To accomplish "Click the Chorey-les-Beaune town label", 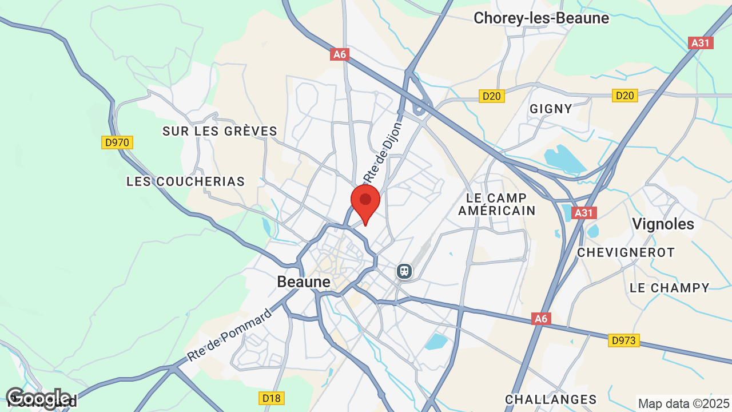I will coord(541,18).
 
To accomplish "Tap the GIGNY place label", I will coord(551,109).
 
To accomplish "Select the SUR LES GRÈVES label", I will coord(220,131).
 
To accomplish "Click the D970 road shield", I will coord(117,142).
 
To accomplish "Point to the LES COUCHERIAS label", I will coord(185,181).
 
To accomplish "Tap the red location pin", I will coord(365,202).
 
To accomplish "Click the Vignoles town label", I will coord(663,224).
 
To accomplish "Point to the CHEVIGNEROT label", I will coord(626,252).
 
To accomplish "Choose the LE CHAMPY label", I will coord(669,288).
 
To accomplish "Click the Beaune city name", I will coord(304,282).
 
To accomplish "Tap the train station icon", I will coord(404,271).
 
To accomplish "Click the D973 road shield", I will coord(623,340).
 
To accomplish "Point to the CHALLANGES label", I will coord(551,399).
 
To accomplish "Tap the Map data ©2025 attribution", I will coord(683,403).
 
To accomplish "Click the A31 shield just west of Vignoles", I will coord(583,213).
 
